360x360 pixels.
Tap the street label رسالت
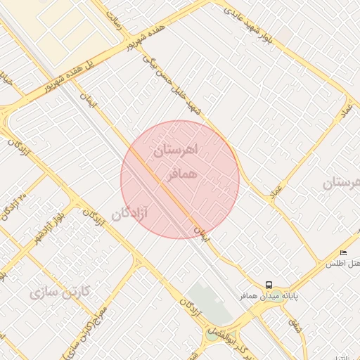point(116,21)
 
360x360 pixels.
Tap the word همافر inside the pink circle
point(181,173)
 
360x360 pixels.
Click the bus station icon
point(269,285)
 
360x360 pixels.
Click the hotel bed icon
point(343,252)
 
